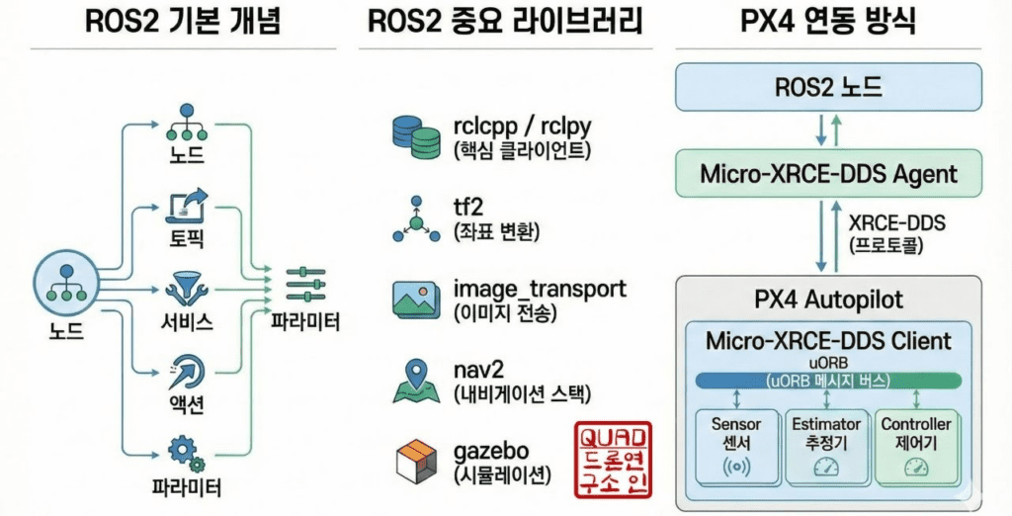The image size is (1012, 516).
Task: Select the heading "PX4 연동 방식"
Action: tap(828, 23)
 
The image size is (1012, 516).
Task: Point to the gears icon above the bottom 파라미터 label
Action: tap(187, 454)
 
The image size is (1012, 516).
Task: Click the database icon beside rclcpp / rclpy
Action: tap(416, 137)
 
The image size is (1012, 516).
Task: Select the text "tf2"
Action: tap(469, 207)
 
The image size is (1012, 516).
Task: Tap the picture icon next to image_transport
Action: tap(416, 301)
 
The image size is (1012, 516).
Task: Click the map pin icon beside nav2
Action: tap(416, 381)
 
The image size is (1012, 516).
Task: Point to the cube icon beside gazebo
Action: tap(416, 460)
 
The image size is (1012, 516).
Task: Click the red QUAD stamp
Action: tap(614, 460)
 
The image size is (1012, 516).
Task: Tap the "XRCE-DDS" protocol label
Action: tap(896, 222)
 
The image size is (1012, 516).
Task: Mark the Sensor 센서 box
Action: tap(736, 448)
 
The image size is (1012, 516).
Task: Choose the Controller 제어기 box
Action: tap(916, 448)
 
